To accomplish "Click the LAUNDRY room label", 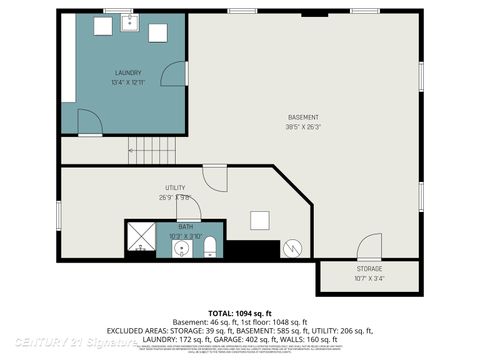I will (127, 72).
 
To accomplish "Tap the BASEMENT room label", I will (303, 117).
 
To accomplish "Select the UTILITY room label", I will (175, 188).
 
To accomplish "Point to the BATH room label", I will (186, 227).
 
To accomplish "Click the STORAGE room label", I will (369, 269).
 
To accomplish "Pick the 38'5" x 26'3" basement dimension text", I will (303, 127).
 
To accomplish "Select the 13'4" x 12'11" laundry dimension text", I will (127, 82).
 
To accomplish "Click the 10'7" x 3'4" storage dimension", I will (369, 279).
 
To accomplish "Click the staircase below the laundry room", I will (151, 152).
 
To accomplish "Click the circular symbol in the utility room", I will (292, 247).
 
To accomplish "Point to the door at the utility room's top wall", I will (215, 177).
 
